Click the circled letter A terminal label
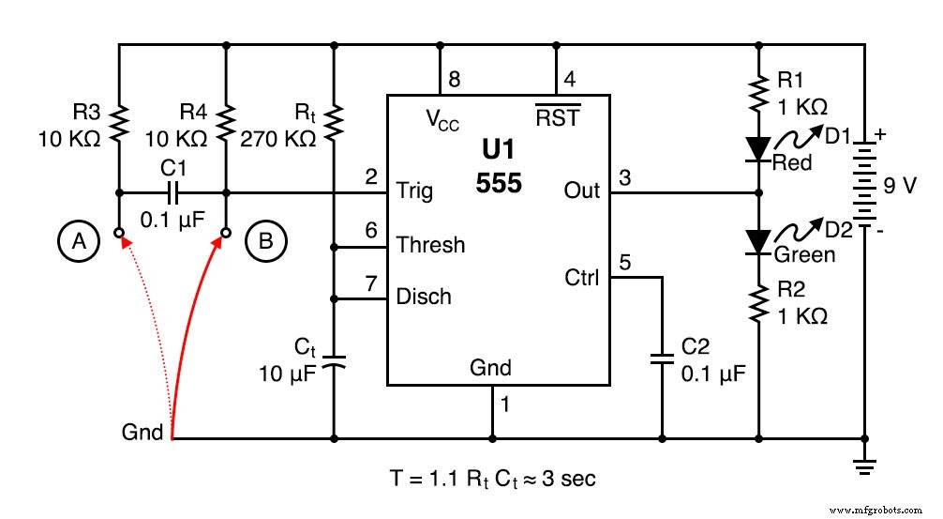(80, 242)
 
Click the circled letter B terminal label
(265, 242)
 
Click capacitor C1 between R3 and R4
(172, 194)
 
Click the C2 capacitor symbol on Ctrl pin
(662, 359)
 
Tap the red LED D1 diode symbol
(757, 148)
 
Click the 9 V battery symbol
(864, 184)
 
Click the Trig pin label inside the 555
(414, 191)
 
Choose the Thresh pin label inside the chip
(430, 245)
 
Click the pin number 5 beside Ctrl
(624, 264)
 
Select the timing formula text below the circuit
(492, 478)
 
